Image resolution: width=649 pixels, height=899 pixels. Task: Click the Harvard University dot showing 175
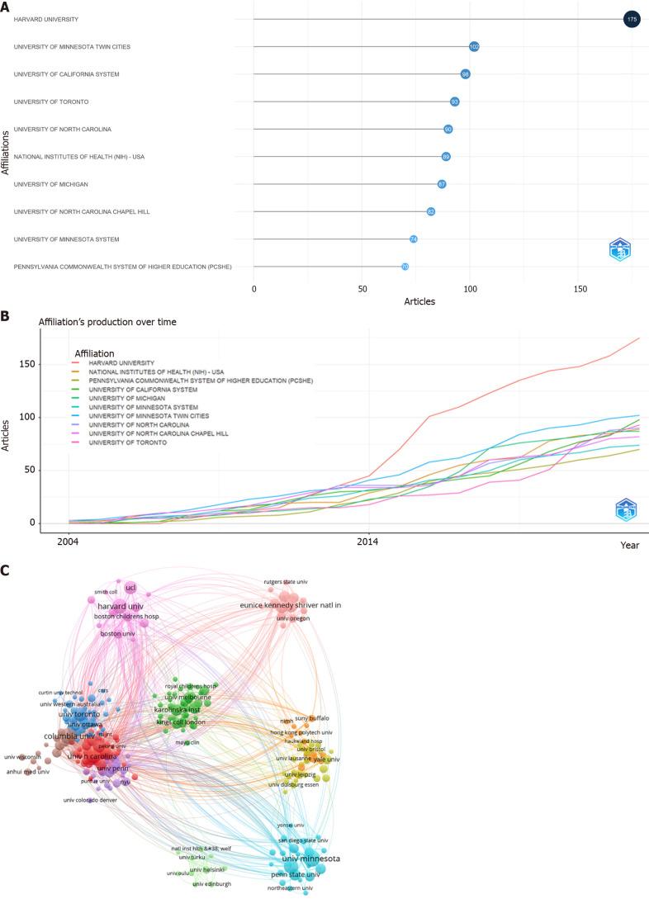click(x=632, y=19)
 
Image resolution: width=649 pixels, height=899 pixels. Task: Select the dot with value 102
click(x=474, y=46)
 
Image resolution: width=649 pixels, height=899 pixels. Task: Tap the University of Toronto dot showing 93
click(x=454, y=102)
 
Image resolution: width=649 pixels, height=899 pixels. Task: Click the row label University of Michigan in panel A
click(x=51, y=184)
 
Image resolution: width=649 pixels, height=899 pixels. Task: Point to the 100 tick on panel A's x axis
click(x=470, y=289)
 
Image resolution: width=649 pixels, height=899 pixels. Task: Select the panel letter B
click(x=6, y=316)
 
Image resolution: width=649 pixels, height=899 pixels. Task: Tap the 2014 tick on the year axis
click(x=368, y=542)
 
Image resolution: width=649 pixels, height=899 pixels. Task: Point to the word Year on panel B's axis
click(x=630, y=546)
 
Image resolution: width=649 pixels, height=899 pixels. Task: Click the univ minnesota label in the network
click(x=310, y=859)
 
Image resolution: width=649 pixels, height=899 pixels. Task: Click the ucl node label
click(x=130, y=587)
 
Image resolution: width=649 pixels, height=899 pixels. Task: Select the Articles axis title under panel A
click(x=419, y=301)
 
